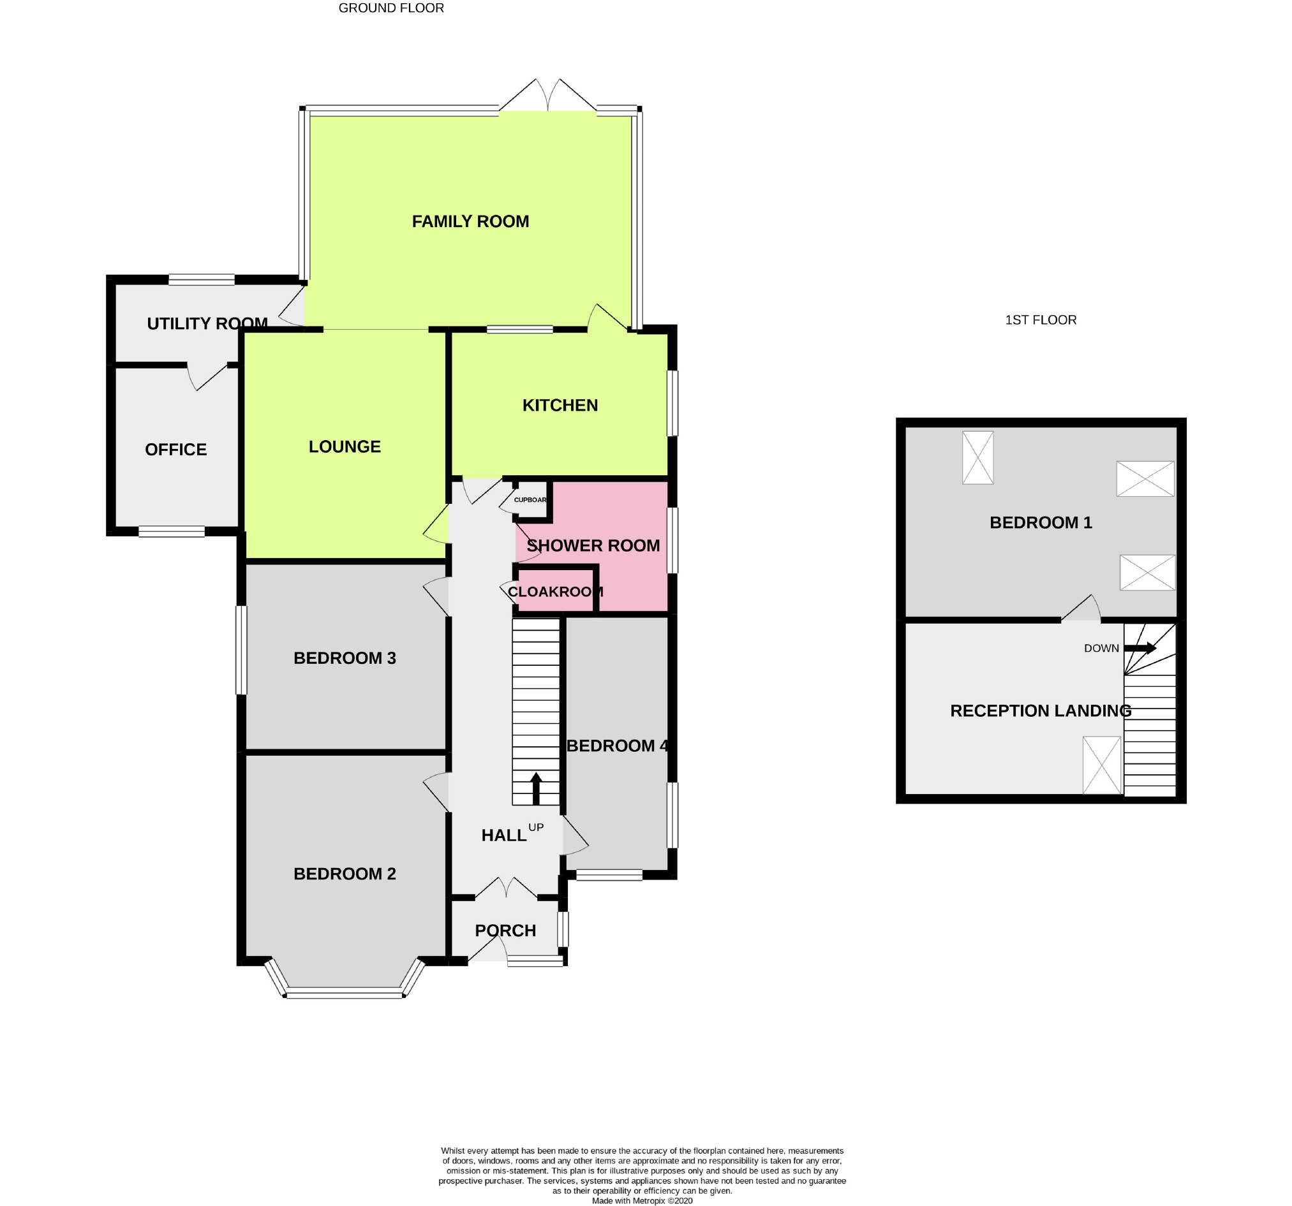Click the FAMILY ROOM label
[x=470, y=221]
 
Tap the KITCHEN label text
[x=560, y=406]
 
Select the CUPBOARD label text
[x=530, y=500]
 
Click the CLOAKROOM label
[x=555, y=591]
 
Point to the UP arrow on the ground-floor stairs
[x=536, y=788]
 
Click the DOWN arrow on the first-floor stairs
[x=1140, y=648]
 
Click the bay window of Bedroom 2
[x=345, y=992]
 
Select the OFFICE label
[x=175, y=450]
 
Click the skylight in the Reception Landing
[x=1102, y=765]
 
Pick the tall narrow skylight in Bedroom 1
[x=977, y=457]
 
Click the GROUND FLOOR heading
[x=391, y=8]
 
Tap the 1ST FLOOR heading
[x=1041, y=320]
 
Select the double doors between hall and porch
[x=508, y=888]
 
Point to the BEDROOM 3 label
[x=345, y=658]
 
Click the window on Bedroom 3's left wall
[x=241, y=650]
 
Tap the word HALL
[x=503, y=835]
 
